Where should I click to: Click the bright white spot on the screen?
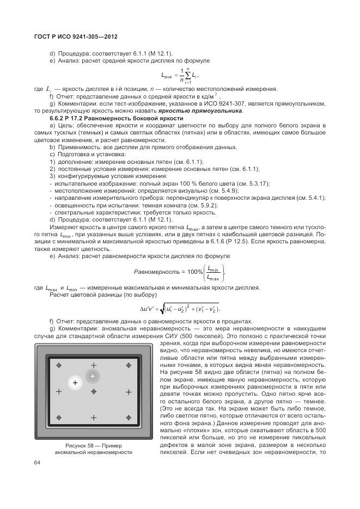point(75,383)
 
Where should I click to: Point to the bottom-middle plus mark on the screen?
point(93,418)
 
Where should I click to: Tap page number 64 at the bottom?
point(38,463)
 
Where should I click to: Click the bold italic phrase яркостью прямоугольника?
point(200,111)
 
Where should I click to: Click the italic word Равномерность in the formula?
point(157,271)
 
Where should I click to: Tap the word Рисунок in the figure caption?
point(64,445)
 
